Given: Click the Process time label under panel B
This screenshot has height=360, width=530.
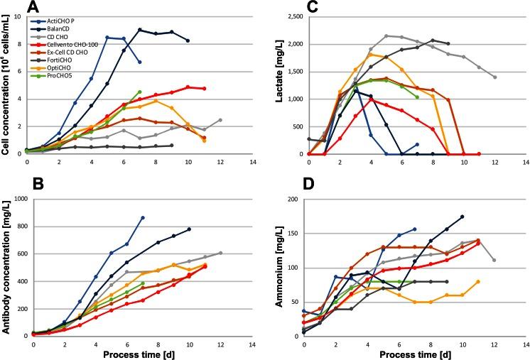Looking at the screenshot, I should click(x=134, y=353).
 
